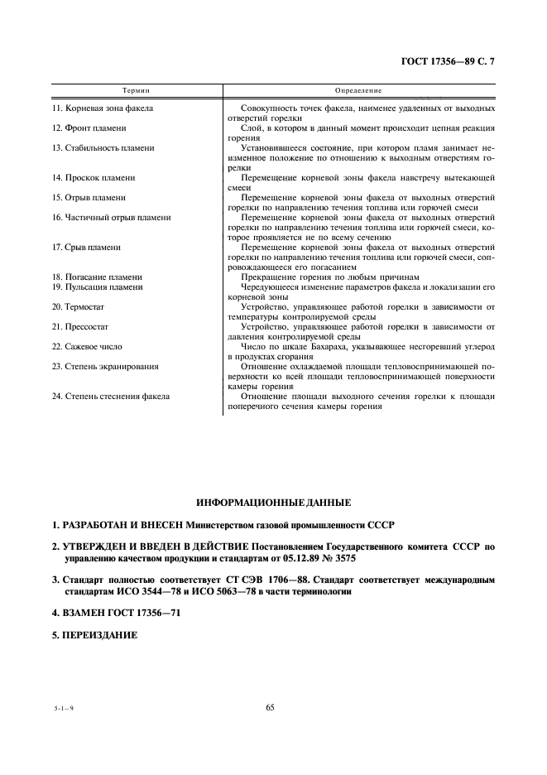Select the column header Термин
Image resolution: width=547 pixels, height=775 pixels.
pyautogui.click(x=136, y=89)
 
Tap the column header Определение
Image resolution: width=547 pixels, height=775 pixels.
pyautogui.click(x=357, y=89)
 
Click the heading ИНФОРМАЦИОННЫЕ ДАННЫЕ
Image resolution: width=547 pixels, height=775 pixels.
pyautogui.click(x=273, y=503)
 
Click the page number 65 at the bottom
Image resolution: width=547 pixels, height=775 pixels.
pyautogui.click(x=271, y=707)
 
